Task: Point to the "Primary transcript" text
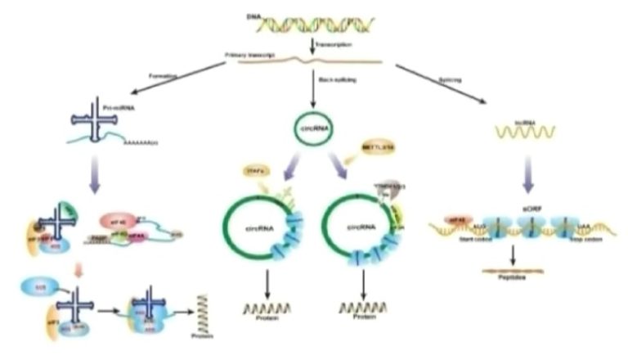(245, 56)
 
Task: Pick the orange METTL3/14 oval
(377, 148)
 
